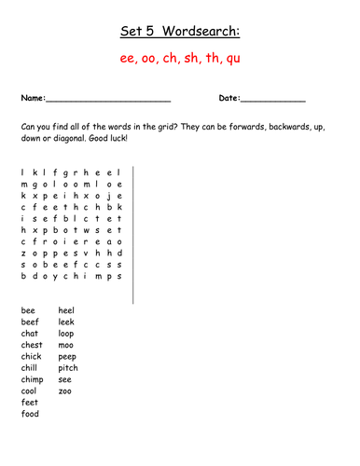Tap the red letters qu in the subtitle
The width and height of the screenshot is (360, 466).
tap(230, 60)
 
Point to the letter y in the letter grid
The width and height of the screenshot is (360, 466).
tap(54, 276)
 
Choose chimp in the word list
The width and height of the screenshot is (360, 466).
tap(32, 379)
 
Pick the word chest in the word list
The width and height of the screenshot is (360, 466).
tap(32, 345)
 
